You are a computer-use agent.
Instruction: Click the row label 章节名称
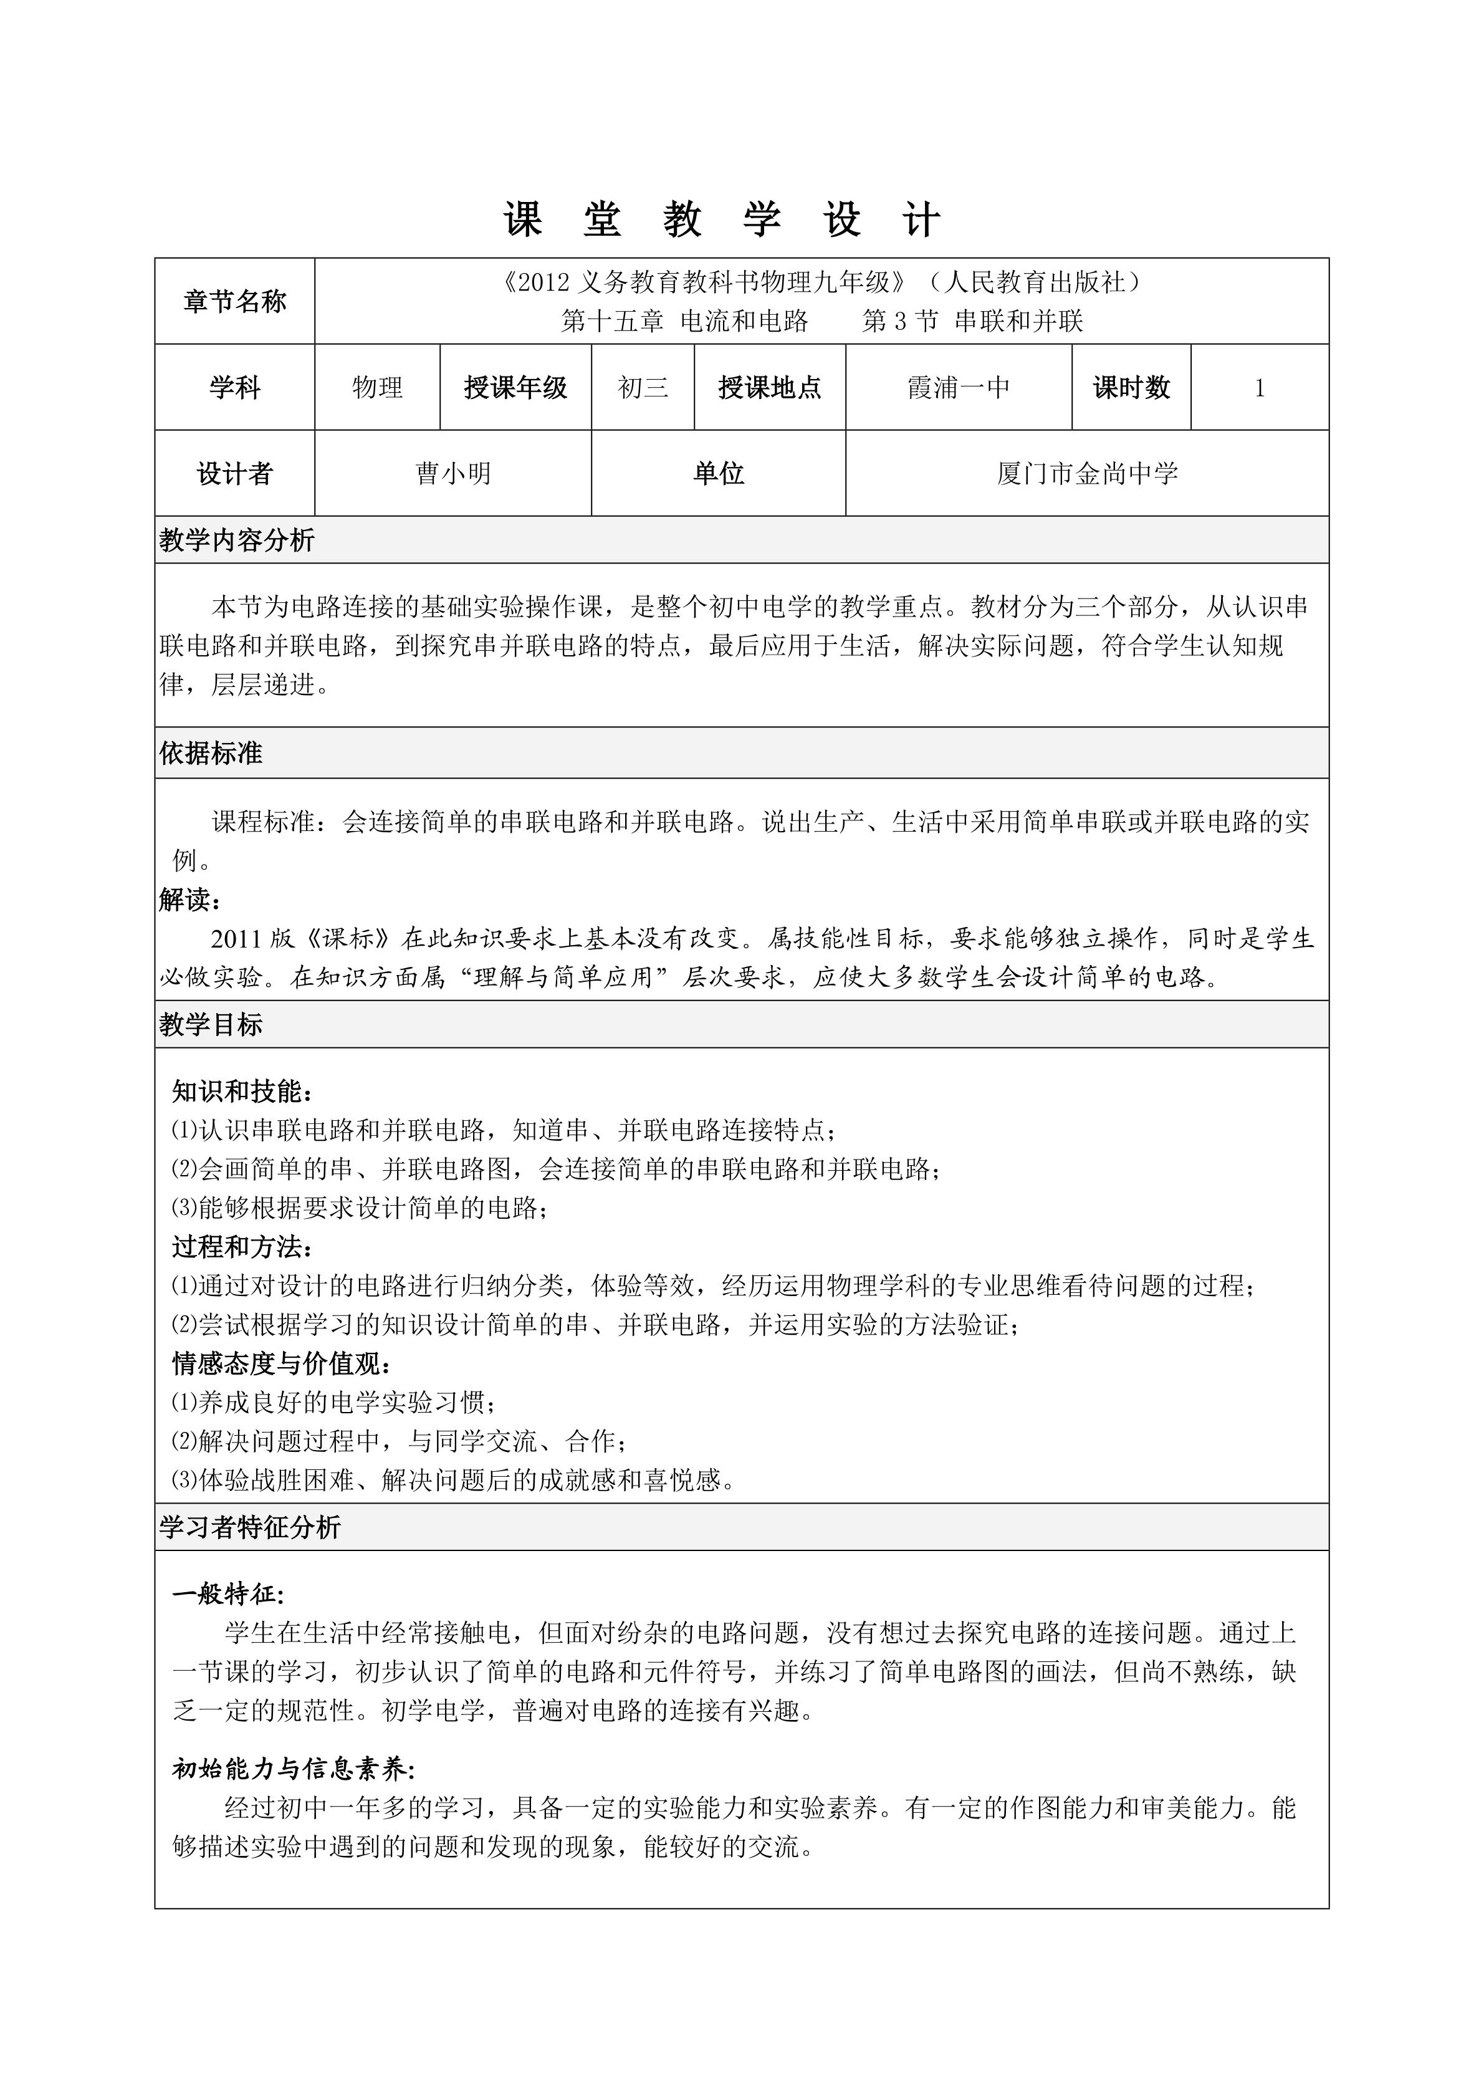pyautogui.click(x=235, y=302)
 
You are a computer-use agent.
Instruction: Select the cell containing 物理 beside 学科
pyautogui.click(x=378, y=388)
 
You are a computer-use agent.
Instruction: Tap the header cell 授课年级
pyautogui.click(x=515, y=388)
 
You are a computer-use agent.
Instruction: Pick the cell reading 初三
pyautogui.click(x=643, y=388)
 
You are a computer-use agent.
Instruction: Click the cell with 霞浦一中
pyautogui.click(x=959, y=388)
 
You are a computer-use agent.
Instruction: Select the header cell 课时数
pyautogui.click(x=1131, y=388)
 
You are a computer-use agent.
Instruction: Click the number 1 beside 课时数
pyautogui.click(x=1259, y=388)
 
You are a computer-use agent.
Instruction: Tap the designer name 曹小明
pyautogui.click(x=453, y=474)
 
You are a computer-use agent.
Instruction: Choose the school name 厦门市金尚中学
pyautogui.click(x=1088, y=474)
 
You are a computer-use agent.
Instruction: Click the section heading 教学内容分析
pyautogui.click(x=237, y=540)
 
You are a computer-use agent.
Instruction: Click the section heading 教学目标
pyautogui.click(x=211, y=1025)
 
